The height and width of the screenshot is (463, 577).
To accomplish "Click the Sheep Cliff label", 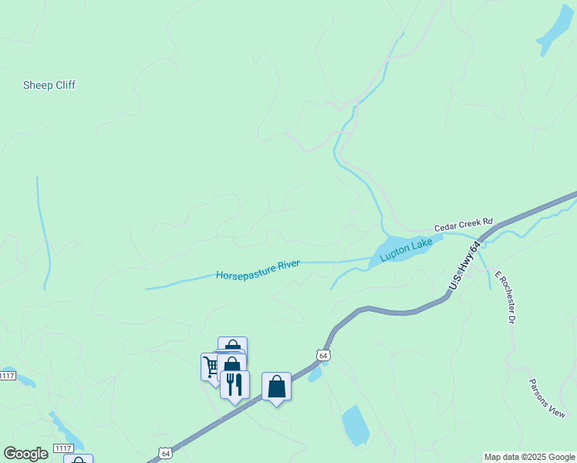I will (49, 86).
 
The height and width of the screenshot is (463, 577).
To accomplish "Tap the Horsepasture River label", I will (258, 270).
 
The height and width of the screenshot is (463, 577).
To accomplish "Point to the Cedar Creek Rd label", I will (463, 225).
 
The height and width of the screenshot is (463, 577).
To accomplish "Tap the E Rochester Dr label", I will (505, 297).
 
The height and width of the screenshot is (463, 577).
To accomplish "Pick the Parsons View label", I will (547, 398).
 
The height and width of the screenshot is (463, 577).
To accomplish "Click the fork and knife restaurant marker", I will (235, 384).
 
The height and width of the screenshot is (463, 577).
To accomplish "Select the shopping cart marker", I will (210, 366).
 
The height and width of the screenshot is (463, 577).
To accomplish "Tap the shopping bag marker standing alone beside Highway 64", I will (276, 386).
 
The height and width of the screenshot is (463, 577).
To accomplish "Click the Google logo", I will (25, 454).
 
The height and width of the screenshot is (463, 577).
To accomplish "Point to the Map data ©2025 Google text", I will (530, 457).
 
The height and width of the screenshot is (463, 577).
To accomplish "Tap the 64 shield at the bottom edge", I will (164, 453).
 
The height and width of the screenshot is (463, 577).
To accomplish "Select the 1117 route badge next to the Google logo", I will (63, 448).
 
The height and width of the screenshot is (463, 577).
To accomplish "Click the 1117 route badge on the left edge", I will (7, 376).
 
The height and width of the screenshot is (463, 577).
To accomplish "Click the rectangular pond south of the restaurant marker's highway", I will (355, 424).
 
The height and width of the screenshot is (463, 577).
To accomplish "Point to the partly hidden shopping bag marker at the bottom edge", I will (78, 460).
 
